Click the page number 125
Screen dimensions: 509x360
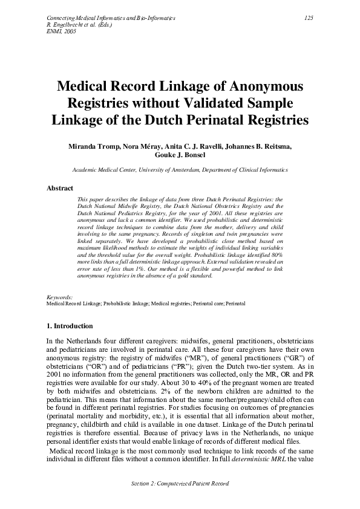tap(308, 19)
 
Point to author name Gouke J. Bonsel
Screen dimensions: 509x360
tap(180, 155)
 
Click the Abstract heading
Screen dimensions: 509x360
tap(60, 188)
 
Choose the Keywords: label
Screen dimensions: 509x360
tap(59, 297)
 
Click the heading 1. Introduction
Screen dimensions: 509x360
tap(70, 326)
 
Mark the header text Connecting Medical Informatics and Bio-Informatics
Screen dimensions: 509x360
tap(111, 19)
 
